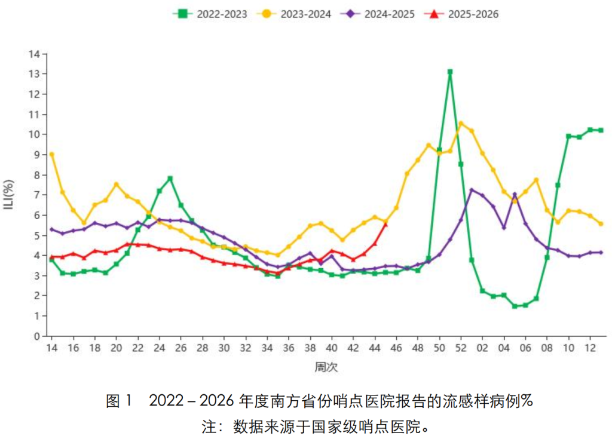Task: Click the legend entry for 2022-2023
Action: click(x=210, y=14)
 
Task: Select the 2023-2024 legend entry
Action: click(x=293, y=14)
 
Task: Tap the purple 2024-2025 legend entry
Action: click(x=377, y=14)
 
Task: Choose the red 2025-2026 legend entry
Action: click(x=461, y=14)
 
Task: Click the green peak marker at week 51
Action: click(x=449, y=72)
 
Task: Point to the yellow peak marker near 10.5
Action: click(x=460, y=124)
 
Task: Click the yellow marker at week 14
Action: click(x=52, y=154)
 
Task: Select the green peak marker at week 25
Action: click(x=170, y=178)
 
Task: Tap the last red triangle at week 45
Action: click(x=385, y=224)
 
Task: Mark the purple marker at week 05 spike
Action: click(x=514, y=195)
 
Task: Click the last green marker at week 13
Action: click(x=601, y=130)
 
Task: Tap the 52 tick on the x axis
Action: click(x=460, y=348)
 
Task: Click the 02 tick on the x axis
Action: click(x=482, y=348)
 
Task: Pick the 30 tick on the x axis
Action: click(x=224, y=348)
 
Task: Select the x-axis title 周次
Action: click(x=326, y=368)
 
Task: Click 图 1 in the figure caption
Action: click(x=118, y=401)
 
